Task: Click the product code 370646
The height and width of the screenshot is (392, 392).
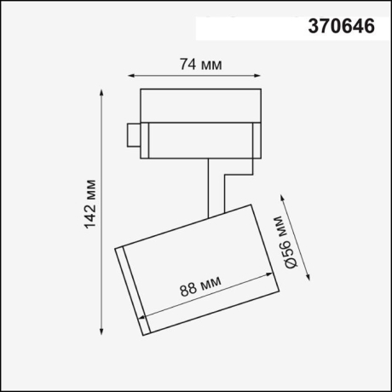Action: (339, 27)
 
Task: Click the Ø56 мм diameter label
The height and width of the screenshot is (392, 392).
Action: (286, 243)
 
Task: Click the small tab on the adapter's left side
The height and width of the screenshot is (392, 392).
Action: (133, 137)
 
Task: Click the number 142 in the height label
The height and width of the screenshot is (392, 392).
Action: (91, 216)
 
